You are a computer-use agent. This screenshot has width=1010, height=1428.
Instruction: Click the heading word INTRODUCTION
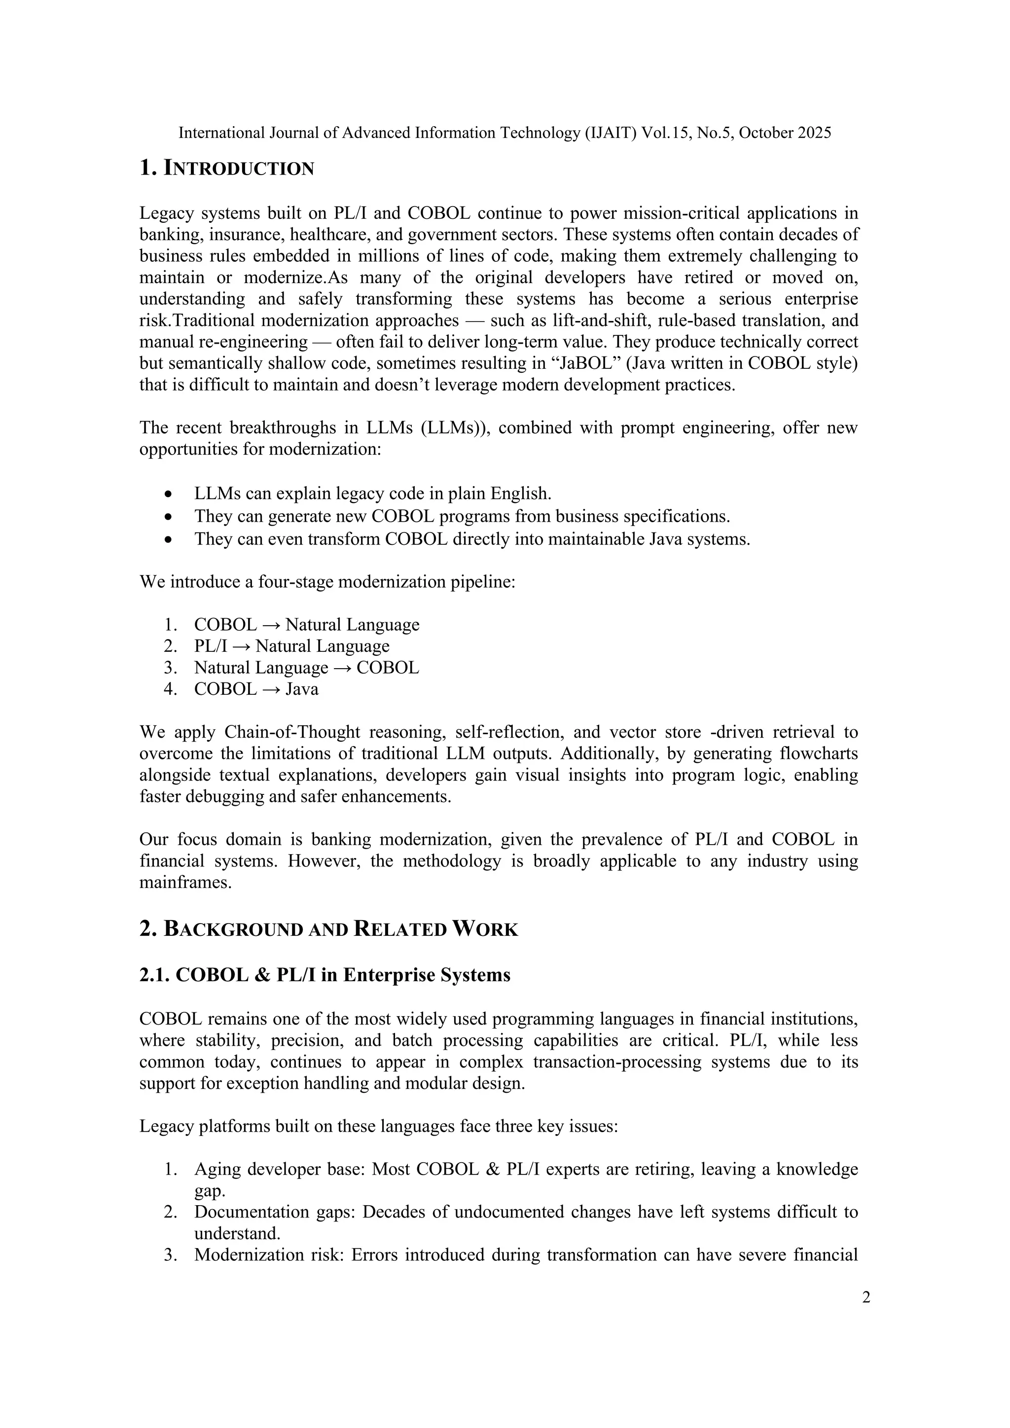(239, 169)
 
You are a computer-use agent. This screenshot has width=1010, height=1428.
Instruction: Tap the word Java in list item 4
(302, 689)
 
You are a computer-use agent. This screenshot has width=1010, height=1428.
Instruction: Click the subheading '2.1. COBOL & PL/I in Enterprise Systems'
(325, 974)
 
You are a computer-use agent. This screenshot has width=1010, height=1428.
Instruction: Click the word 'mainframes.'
(185, 883)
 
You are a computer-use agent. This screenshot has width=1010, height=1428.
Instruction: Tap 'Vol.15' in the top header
(660, 133)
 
